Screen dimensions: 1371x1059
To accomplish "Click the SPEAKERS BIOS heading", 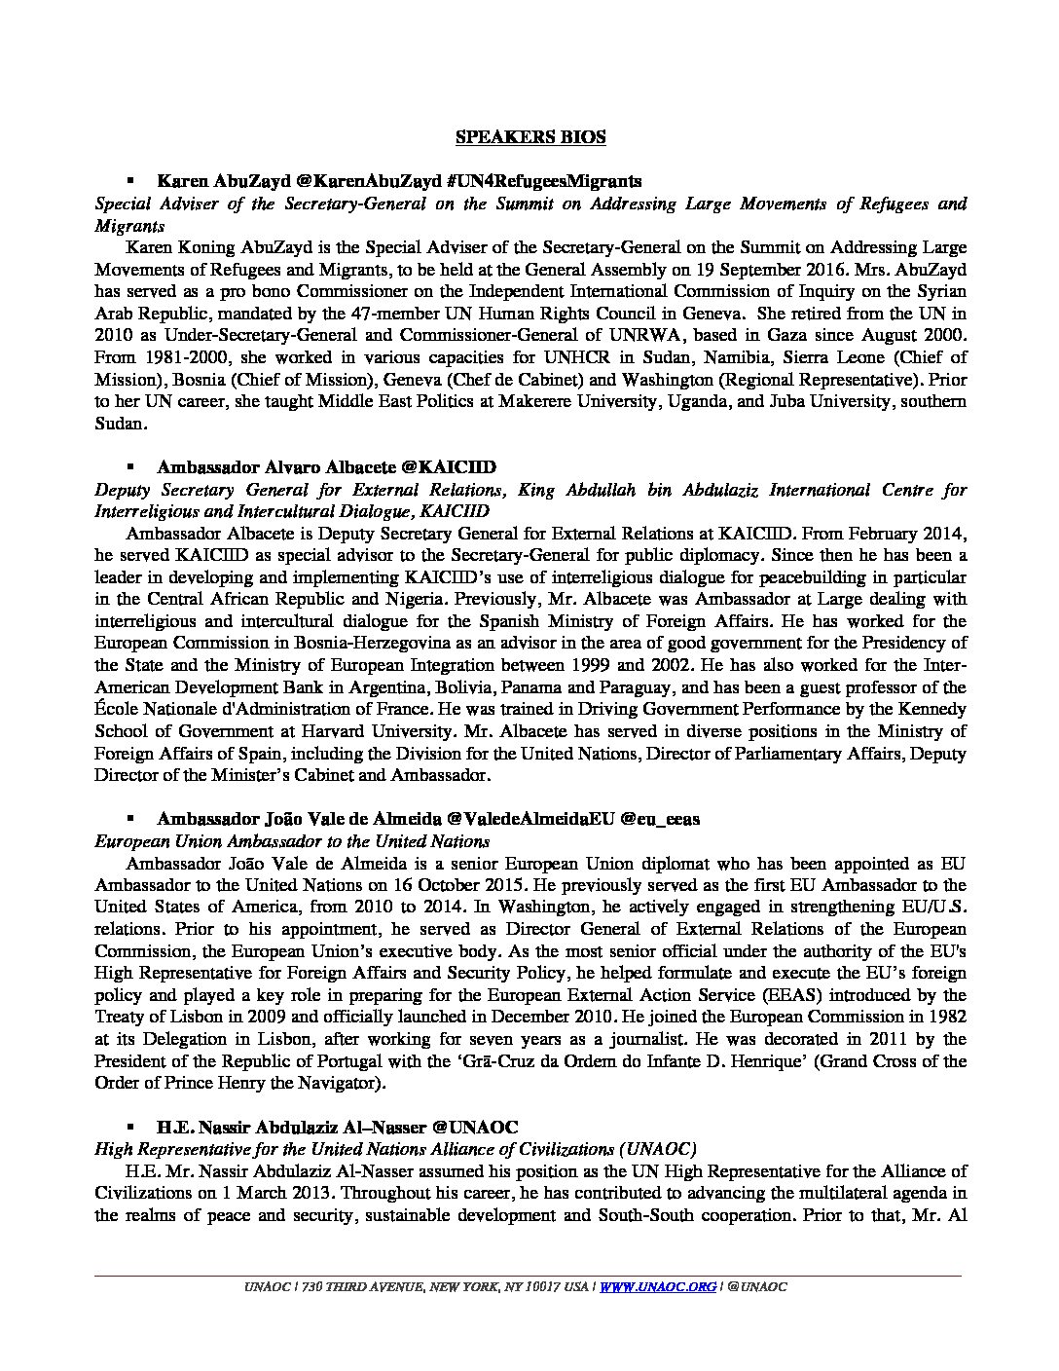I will [530, 137].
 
